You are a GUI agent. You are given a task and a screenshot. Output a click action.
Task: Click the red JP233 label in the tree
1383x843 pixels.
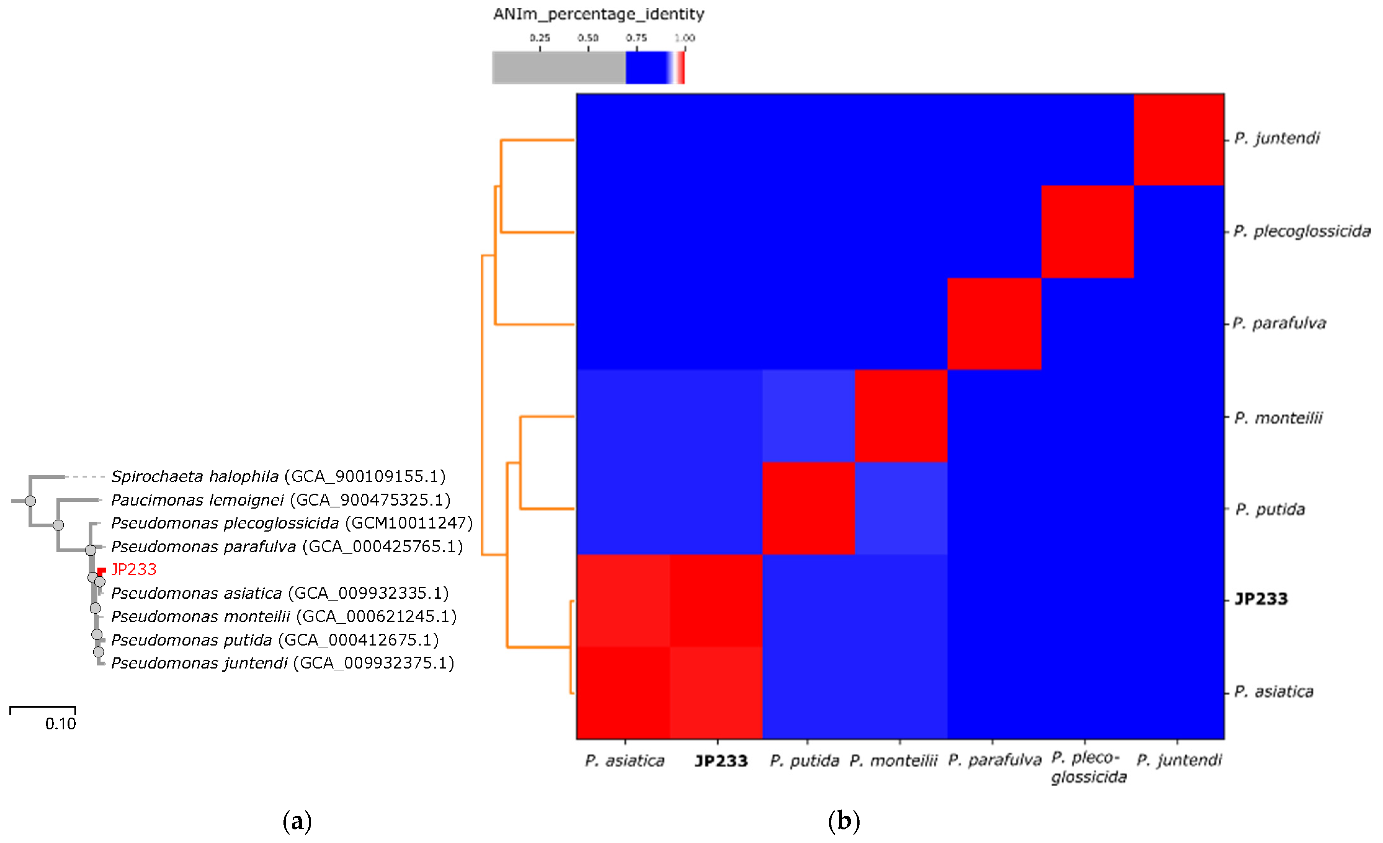click(134, 569)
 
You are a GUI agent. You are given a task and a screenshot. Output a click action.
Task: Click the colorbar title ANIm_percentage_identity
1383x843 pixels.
click(598, 14)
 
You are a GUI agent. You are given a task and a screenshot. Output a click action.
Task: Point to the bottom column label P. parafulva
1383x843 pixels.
click(994, 760)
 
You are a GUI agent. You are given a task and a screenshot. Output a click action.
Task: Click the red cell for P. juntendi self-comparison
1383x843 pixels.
click(1179, 139)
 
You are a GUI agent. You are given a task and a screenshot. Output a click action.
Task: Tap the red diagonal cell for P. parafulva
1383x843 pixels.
click(994, 324)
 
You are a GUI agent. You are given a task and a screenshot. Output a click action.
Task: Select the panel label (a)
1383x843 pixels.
click(297, 821)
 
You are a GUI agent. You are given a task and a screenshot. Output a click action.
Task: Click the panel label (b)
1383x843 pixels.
click(843, 821)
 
